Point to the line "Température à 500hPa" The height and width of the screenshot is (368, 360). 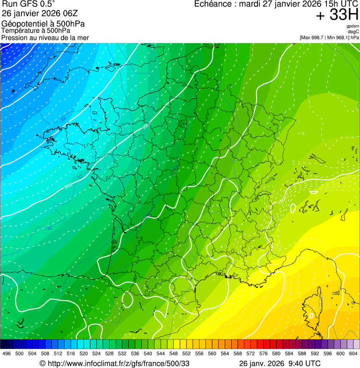pos(36,30)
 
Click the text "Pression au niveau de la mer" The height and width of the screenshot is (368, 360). pos(45,37)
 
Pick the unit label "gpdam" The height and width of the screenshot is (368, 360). pos(353,26)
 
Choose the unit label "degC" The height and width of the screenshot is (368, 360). pos(353,32)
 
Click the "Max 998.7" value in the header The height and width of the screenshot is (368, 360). pos(314,37)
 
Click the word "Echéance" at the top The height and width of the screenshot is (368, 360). pos(213,4)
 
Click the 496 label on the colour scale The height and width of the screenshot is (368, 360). pos(7,353)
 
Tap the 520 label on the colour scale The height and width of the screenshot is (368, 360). pos(83,353)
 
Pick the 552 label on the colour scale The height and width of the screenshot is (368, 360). pos(186,353)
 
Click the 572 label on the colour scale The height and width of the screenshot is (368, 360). pos(250,353)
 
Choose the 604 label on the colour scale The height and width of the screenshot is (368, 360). pos(353,353)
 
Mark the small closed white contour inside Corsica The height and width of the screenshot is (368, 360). pos(311,316)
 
